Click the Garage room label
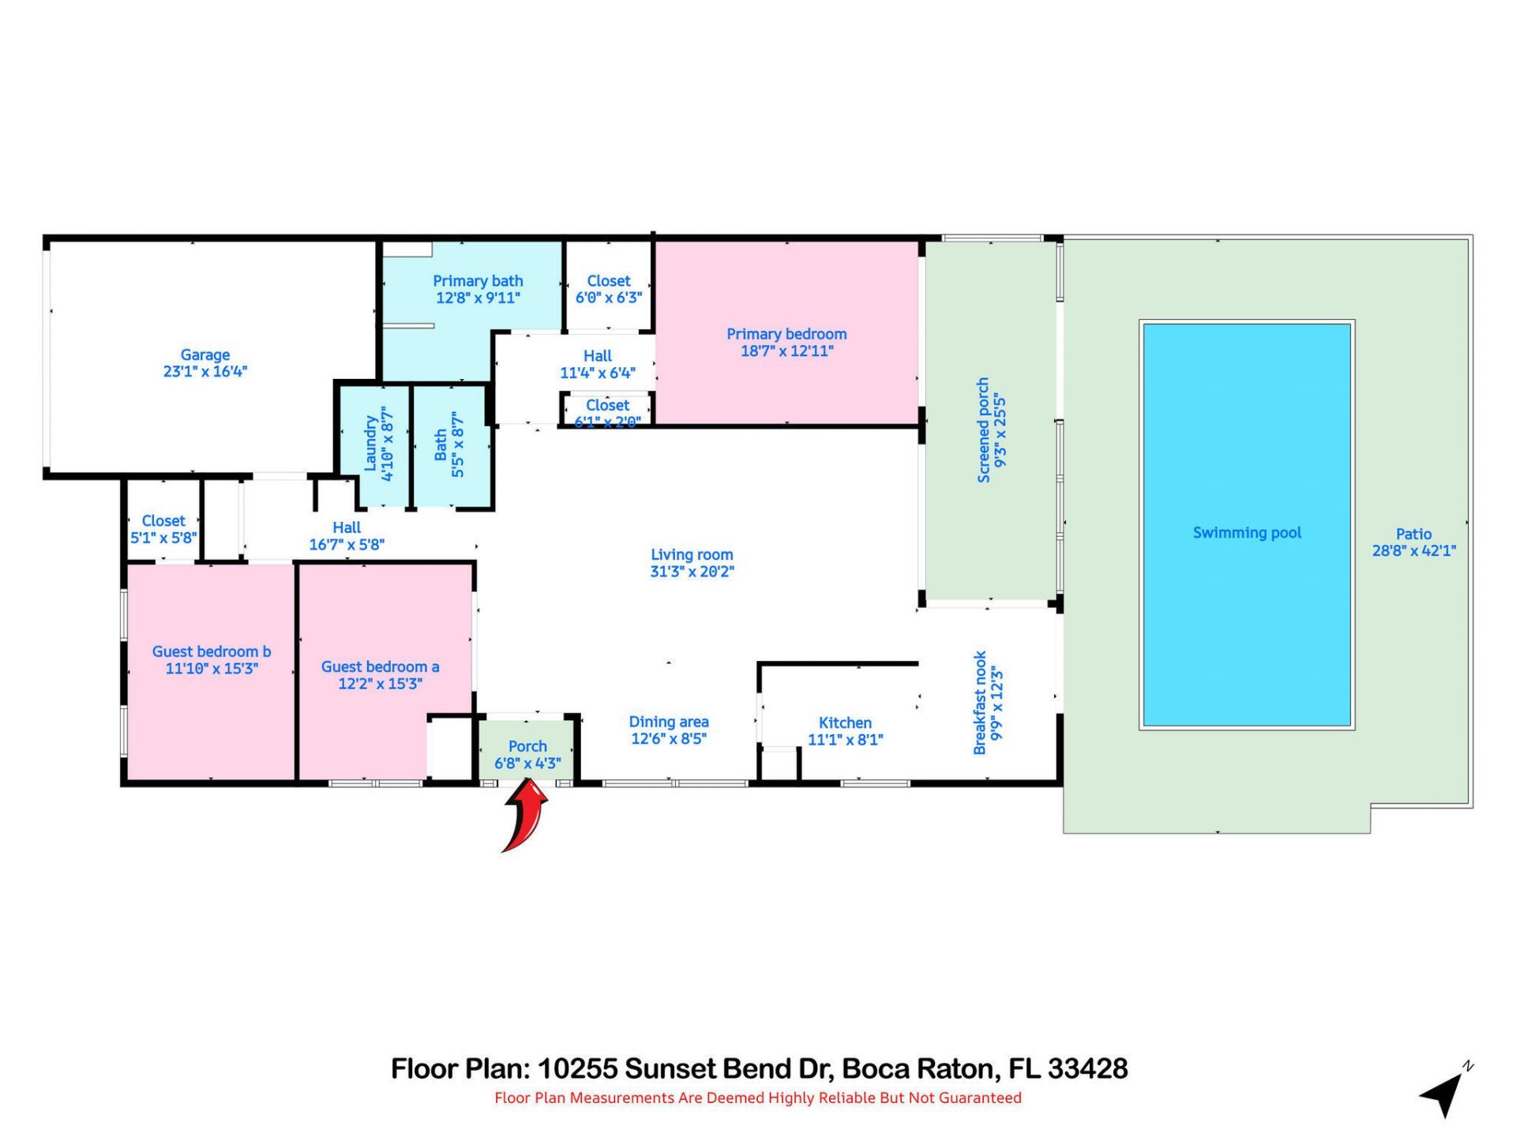205,355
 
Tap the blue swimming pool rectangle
1247,524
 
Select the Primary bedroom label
786,334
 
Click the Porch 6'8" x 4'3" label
527,755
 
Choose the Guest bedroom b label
212,651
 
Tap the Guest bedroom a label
380,666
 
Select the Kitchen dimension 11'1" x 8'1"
845,740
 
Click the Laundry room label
370,444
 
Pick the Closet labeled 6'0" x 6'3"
609,289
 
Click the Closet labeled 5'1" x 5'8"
163,529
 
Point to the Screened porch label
984,430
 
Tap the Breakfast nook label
981,703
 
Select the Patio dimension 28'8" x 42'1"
1413,551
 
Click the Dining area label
669,722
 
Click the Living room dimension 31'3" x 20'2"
692,572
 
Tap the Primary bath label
478,281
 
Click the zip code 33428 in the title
1087,1068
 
